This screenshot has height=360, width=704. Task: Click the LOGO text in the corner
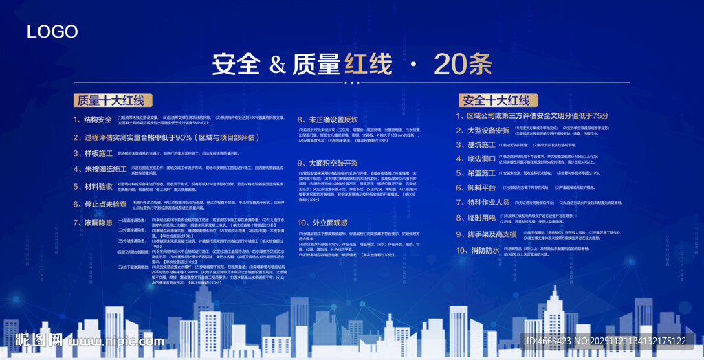point(52,32)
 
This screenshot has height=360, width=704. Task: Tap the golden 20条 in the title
point(463,64)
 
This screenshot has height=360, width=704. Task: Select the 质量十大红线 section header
point(111,100)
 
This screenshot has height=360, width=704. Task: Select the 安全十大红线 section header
point(496,100)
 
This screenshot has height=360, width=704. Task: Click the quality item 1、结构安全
point(92,120)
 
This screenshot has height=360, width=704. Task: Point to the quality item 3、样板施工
point(93,153)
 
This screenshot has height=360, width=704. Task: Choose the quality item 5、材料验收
point(93,186)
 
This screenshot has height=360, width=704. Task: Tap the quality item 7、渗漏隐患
point(93,222)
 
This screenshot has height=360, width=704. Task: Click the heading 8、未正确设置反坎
point(328,119)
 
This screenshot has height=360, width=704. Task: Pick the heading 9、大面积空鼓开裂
point(328,163)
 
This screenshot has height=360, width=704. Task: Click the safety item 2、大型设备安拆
point(483,130)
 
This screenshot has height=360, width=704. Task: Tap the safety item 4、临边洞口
point(476,159)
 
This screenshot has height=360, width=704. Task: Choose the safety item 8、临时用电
point(476,218)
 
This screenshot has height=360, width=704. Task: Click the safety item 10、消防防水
point(478,250)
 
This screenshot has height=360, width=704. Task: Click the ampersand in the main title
point(276,65)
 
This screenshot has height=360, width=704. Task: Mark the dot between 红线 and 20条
point(413,65)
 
